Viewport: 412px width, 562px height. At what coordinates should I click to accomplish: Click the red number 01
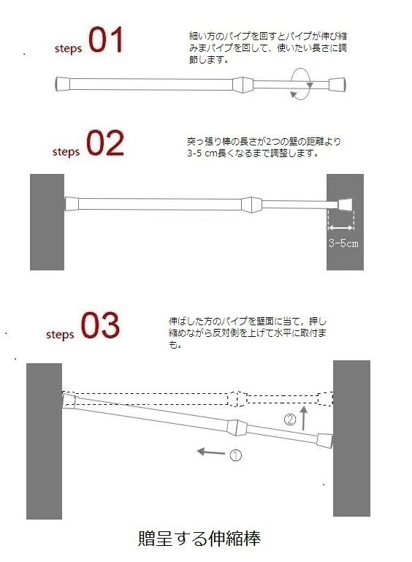point(107,41)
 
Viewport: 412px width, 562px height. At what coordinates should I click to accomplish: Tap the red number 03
point(100,326)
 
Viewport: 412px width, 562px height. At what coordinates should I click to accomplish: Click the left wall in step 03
point(45,441)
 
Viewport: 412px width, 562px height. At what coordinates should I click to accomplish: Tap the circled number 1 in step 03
point(235,455)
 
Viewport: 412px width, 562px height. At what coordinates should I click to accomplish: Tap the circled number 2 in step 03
point(290,420)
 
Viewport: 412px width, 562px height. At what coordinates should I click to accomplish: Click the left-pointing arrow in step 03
point(211,453)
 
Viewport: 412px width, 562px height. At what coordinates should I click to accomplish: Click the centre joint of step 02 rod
point(250,203)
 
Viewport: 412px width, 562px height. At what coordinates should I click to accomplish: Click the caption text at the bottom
point(199,539)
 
